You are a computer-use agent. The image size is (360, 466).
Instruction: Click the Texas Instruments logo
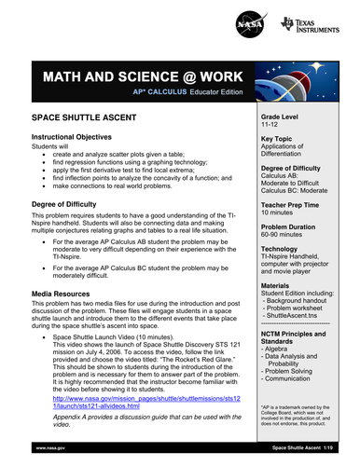(x=314, y=25)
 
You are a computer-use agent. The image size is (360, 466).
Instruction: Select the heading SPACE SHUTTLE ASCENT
(x=85, y=120)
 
